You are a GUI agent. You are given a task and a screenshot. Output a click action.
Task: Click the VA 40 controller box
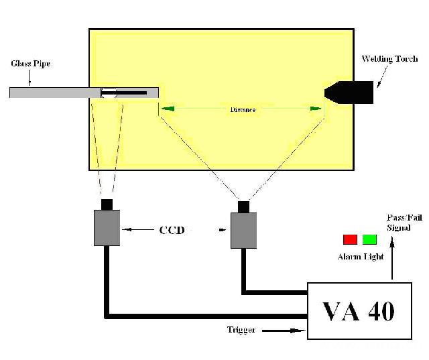coord(359,310)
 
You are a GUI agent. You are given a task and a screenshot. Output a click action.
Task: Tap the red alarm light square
coord(350,239)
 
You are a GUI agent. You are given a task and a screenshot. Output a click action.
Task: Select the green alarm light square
coord(369,239)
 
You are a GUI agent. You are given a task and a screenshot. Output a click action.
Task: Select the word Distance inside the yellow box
coord(242,109)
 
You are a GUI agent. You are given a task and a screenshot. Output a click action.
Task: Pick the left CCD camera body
coord(107,227)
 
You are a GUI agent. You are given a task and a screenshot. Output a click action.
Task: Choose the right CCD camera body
coord(243,231)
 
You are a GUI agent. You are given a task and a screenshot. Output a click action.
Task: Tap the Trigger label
coord(242,330)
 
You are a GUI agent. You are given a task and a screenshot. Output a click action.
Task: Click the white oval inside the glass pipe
coord(109,93)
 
